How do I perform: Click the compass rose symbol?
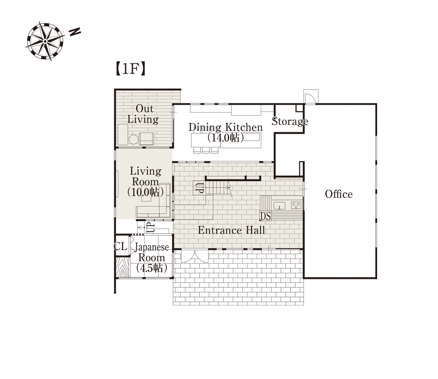pos(45,41)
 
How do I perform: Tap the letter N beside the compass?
pos(75,32)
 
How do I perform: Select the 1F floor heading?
pos(131,69)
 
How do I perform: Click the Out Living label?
pos(143,114)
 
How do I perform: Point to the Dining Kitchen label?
pos(226,132)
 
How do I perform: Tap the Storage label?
pos(290,121)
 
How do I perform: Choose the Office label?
pos(339,194)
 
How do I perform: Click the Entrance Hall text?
pos(231,230)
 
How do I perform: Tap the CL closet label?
pos(121,247)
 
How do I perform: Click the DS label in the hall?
pos(265,216)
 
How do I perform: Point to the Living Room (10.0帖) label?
pos(145,181)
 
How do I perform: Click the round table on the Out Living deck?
pos(134,139)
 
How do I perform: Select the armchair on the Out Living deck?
pos(147,139)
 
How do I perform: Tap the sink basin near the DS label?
pos(279,205)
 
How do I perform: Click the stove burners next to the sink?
pos(296,205)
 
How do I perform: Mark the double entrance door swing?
pos(195,256)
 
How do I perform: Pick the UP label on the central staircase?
pos(199,188)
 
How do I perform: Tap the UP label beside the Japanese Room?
pos(150,227)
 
